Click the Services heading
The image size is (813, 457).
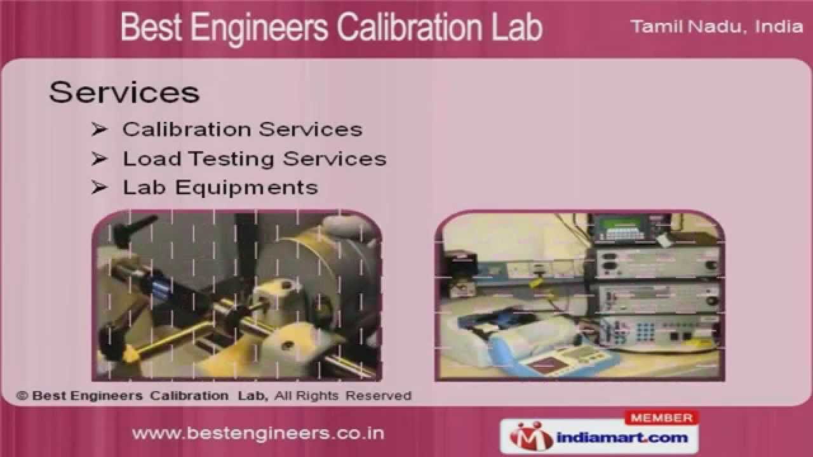point(124,92)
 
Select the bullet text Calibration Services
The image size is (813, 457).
point(242,129)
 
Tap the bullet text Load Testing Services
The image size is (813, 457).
point(255,159)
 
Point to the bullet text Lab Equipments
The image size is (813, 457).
point(220,187)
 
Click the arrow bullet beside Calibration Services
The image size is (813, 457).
point(98,129)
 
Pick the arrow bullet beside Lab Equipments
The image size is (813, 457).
point(98,187)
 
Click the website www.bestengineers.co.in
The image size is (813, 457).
point(258,434)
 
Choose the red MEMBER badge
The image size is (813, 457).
point(662,418)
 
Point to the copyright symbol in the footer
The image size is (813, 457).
point(23,395)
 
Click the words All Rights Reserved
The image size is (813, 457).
point(344,395)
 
